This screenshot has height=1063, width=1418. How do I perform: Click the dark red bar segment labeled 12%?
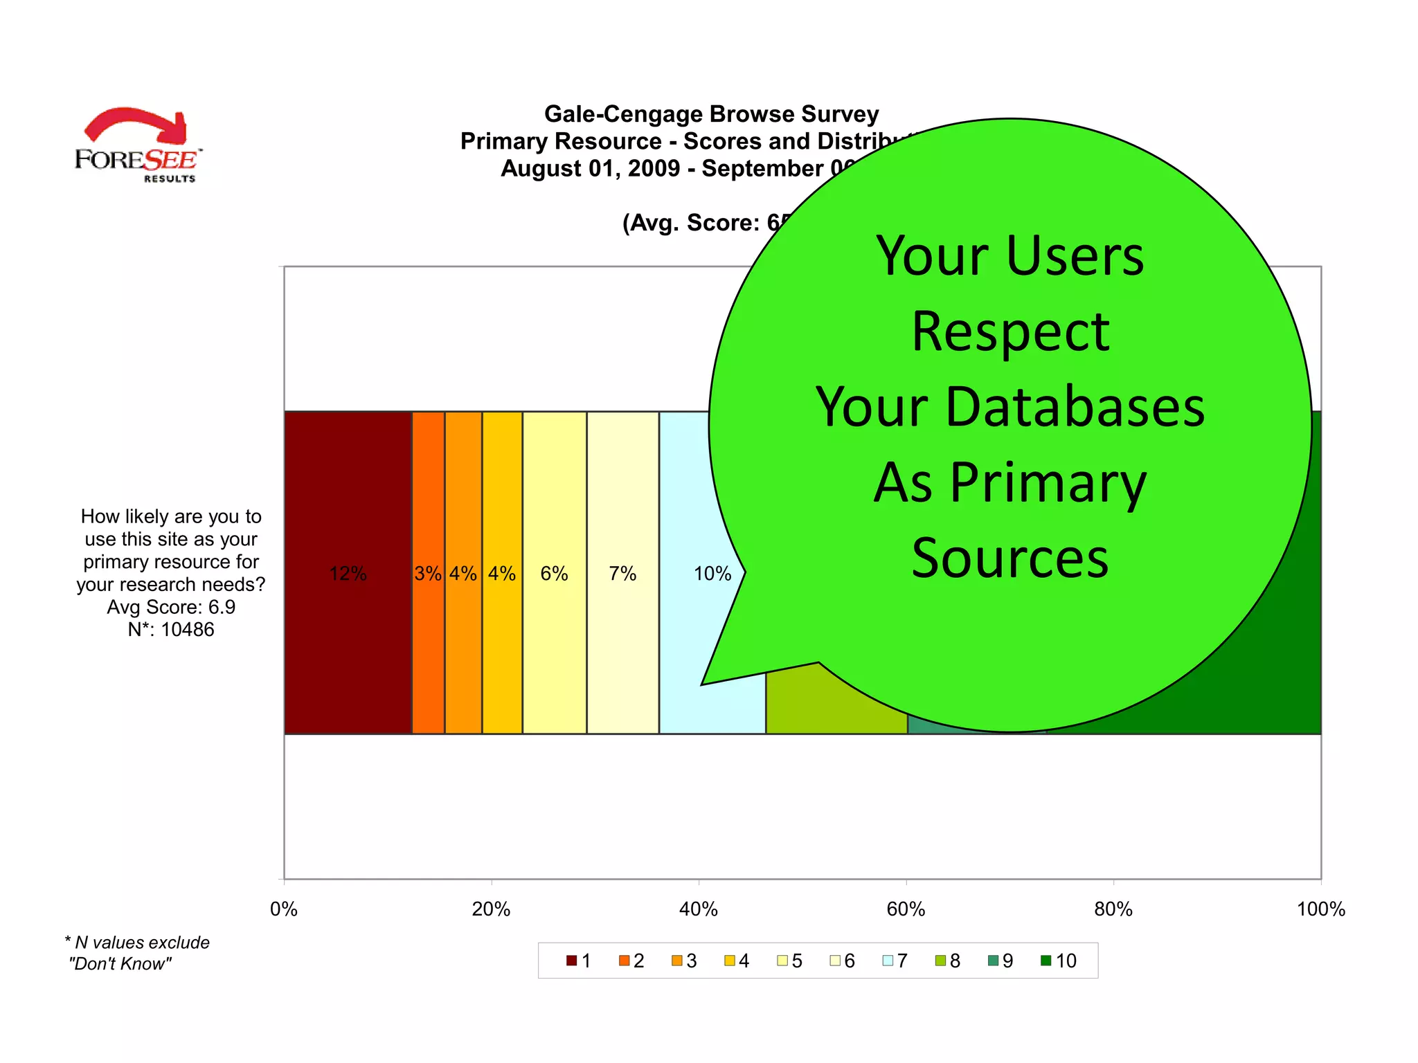point(348,573)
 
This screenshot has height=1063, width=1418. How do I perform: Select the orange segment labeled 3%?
point(428,573)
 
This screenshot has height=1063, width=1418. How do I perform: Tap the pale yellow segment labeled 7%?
point(622,573)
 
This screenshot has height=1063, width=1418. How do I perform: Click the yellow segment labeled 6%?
point(555,573)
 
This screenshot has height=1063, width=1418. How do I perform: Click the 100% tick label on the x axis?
point(1320,909)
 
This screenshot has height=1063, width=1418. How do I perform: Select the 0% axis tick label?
point(284,909)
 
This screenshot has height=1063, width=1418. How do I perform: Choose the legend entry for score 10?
point(1059,961)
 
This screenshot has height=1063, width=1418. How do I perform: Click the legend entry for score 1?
point(579,961)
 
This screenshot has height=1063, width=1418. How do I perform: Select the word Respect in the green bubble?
point(1010,332)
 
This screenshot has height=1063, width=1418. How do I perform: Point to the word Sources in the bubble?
point(1010,558)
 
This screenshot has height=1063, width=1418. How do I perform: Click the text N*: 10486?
point(171,629)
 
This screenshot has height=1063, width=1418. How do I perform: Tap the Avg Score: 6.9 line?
point(171,607)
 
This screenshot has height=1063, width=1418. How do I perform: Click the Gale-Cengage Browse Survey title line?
point(711,114)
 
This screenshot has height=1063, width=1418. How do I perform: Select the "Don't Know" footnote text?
point(120,963)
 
